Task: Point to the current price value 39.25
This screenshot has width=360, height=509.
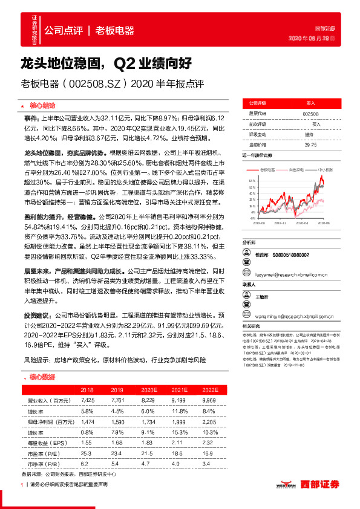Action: pyautogui.click(x=310, y=145)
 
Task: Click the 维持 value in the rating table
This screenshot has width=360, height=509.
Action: pyautogui.click(x=309, y=134)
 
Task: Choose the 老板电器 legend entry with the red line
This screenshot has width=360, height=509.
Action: pyautogui.click(x=267, y=170)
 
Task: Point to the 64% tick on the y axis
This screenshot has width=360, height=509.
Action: pyautogui.click(x=250, y=180)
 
